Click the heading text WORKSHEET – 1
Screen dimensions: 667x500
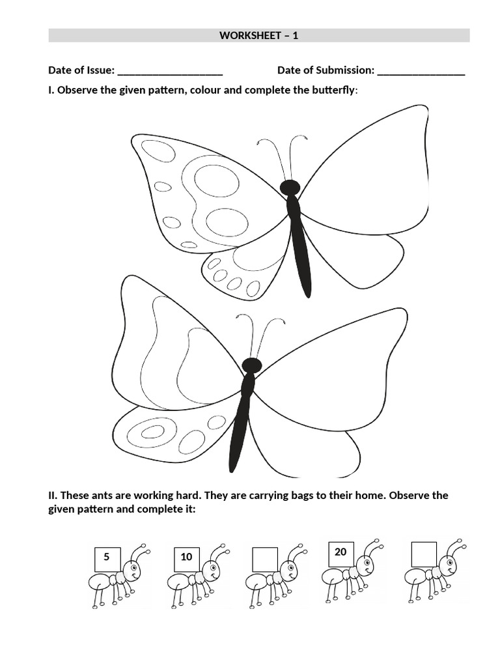coord(258,36)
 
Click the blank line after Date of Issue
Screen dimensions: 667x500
coord(171,71)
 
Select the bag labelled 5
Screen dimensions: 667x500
coord(107,558)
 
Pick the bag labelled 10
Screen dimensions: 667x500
coord(186,558)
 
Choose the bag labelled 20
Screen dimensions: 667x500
coord(340,552)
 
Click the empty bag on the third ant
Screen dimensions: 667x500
coord(264,558)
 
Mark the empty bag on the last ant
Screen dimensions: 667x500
coord(424,553)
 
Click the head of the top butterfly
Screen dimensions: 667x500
coord(290,188)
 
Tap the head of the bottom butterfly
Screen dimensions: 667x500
coord(251,365)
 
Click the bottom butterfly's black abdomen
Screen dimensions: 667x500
coord(240,430)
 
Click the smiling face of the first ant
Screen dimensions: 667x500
coord(133,574)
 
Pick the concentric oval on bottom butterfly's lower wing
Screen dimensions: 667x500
coord(153,431)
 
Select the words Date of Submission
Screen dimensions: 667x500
coord(326,70)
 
